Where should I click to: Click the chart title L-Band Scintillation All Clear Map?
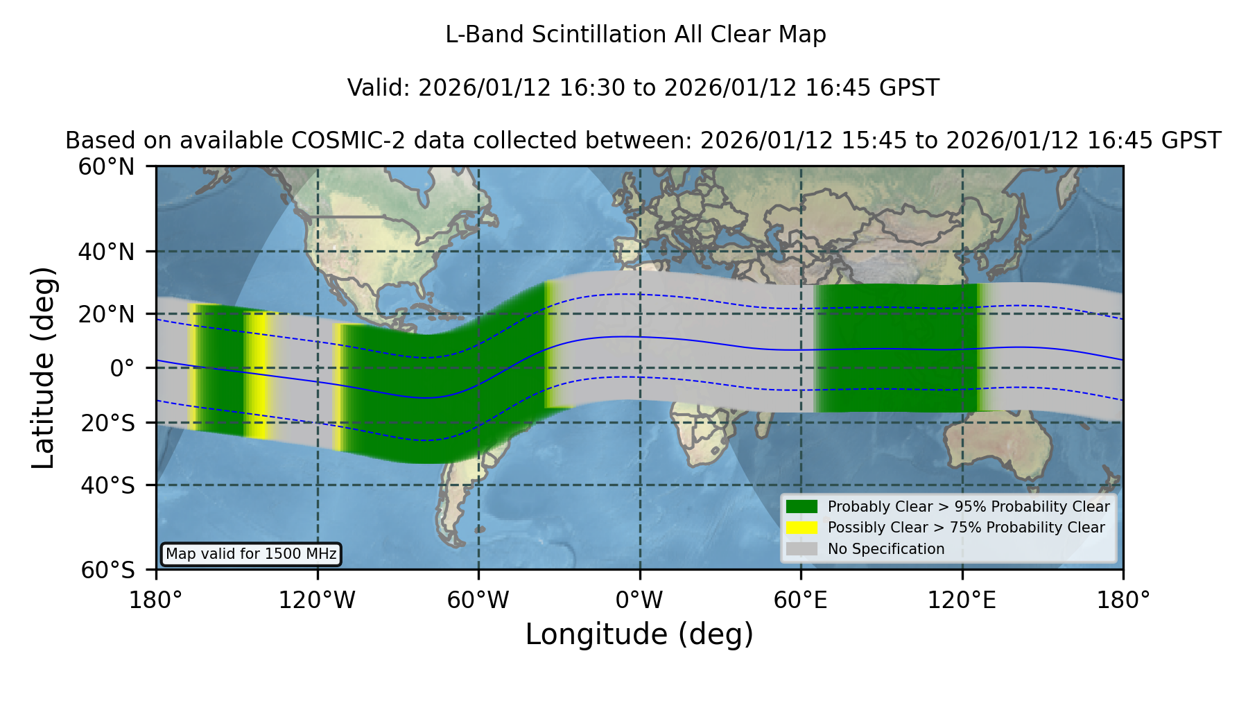pos(636,35)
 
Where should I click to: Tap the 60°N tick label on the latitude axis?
pos(107,167)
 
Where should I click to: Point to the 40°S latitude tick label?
pos(108,485)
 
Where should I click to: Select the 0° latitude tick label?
pos(122,367)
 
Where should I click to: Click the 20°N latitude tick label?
pos(107,314)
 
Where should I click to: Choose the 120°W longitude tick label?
pos(317,600)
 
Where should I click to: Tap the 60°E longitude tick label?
pos(801,600)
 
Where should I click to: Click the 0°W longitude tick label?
pos(639,600)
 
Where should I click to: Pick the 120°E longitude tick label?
pos(962,600)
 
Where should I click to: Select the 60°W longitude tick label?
pos(478,600)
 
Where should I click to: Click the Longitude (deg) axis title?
pos(639,634)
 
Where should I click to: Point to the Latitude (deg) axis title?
pos(43,367)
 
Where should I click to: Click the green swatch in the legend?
pos(802,507)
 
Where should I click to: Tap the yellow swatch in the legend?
pos(802,528)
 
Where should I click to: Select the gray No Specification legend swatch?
pos(802,549)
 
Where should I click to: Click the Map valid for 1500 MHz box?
pos(251,554)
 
